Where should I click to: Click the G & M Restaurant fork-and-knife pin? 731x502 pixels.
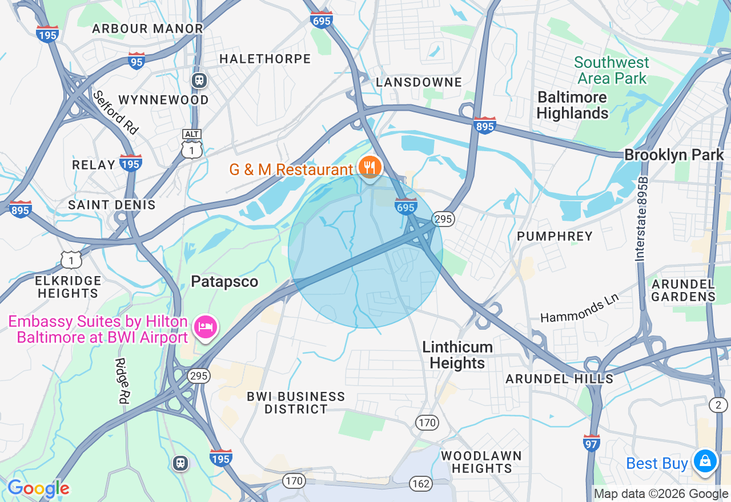pyautogui.click(x=370, y=167)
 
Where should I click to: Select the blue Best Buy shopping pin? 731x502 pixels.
pyautogui.click(x=705, y=460)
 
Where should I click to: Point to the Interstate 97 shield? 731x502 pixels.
pyautogui.click(x=592, y=443)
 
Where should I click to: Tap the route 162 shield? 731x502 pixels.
pyautogui.click(x=421, y=484)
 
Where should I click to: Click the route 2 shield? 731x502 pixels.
pyautogui.click(x=718, y=405)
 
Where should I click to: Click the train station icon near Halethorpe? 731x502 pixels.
pyautogui.click(x=199, y=80)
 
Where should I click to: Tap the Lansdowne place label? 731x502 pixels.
pyautogui.click(x=419, y=82)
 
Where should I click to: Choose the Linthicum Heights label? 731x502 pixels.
pyautogui.click(x=457, y=355)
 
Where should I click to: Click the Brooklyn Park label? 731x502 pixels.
pyautogui.click(x=674, y=155)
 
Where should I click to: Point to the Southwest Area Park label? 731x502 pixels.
pyautogui.click(x=612, y=70)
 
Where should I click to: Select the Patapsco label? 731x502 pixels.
pyautogui.click(x=224, y=282)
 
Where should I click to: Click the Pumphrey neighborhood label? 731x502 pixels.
pyautogui.click(x=555, y=236)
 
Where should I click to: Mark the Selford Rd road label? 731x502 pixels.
pyautogui.click(x=115, y=112)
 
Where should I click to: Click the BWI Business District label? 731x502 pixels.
pyautogui.click(x=296, y=403)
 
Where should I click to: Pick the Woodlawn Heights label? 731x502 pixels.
pyautogui.click(x=481, y=462)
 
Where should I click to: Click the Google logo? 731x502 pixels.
pyautogui.click(x=38, y=488)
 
